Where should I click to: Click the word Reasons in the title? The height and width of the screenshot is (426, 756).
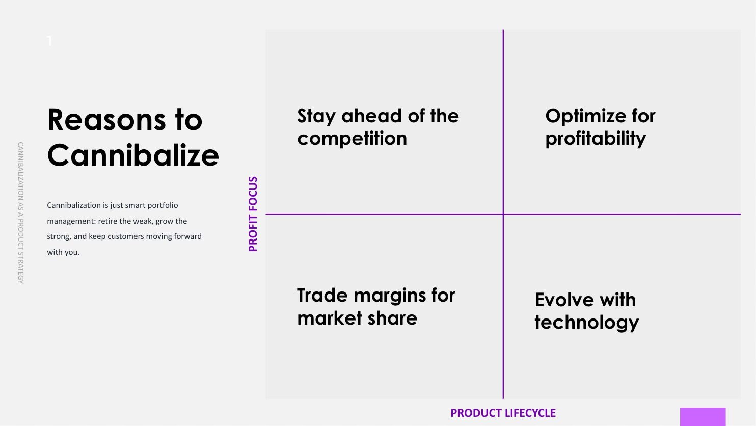[x=106, y=120]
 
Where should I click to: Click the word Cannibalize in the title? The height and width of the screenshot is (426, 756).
[x=133, y=155]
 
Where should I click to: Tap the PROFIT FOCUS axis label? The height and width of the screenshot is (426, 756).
[x=253, y=214]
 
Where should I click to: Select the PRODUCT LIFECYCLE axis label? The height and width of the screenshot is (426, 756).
[x=503, y=413]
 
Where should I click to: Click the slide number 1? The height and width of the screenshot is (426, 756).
[x=49, y=41]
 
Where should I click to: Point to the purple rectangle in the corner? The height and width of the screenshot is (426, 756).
[x=703, y=417]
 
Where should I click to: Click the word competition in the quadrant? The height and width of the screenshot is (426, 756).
[x=352, y=139]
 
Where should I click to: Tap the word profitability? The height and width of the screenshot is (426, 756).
[x=596, y=139]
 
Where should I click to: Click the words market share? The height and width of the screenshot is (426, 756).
[x=357, y=318]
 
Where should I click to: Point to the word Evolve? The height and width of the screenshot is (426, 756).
[x=560, y=300]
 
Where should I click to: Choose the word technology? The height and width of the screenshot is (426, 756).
[x=586, y=323]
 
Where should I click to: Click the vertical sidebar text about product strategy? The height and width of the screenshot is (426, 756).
[x=20, y=212]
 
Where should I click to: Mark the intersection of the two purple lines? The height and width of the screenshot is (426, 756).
[x=503, y=214]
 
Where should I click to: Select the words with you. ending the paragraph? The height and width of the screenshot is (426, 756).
[x=63, y=252]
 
